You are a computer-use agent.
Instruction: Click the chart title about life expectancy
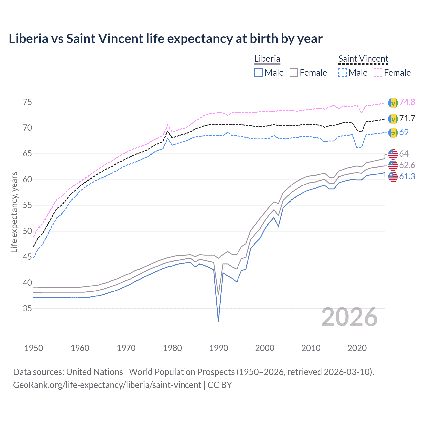165,39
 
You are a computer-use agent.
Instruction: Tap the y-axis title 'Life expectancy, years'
14,212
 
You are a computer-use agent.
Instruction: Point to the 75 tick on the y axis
27,102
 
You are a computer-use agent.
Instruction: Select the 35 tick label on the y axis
27,308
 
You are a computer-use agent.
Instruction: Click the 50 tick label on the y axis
27,231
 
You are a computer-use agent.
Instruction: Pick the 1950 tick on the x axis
34,348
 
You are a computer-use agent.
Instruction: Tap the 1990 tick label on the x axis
219,348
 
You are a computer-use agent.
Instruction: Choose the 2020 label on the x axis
357,348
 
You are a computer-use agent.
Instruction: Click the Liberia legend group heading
267,59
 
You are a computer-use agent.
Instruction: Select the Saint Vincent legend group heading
363,59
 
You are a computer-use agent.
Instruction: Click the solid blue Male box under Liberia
259,73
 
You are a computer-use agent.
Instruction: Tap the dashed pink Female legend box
378,73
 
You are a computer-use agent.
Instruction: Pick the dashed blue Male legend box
343,73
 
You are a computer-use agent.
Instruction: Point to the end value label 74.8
407,102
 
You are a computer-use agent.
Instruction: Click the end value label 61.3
407,177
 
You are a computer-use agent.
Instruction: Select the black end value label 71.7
407,118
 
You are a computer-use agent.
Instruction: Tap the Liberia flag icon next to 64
393,154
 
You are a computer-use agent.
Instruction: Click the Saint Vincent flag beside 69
393,132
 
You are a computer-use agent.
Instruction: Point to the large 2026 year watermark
349,317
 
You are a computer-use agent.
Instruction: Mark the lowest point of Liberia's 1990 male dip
218,321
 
